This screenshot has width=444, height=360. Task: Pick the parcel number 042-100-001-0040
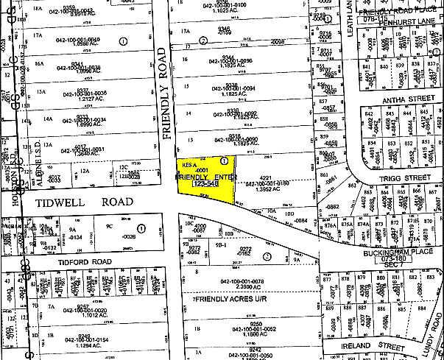pos(74,40)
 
